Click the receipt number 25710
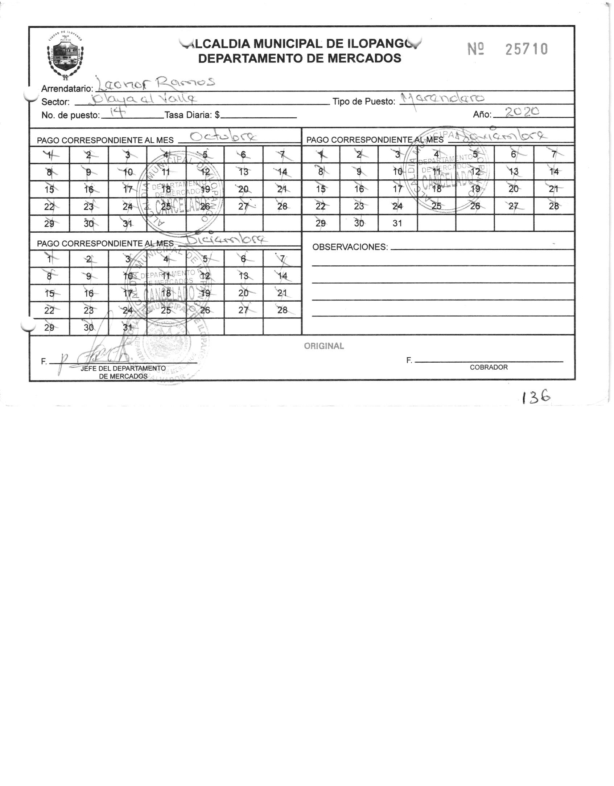[x=526, y=49]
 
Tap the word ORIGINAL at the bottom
[x=324, y=346]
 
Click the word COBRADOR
[x=489, y=367]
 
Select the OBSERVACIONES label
[x=350, y=247]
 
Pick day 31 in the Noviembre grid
[x=397, y=223]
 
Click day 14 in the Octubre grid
[x=282, y=172]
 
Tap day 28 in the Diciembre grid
[x=282, y=310]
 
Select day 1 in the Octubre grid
[x=49, y=155]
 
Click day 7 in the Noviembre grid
[x=553, y=154]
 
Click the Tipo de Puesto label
[x=364, y=102]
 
